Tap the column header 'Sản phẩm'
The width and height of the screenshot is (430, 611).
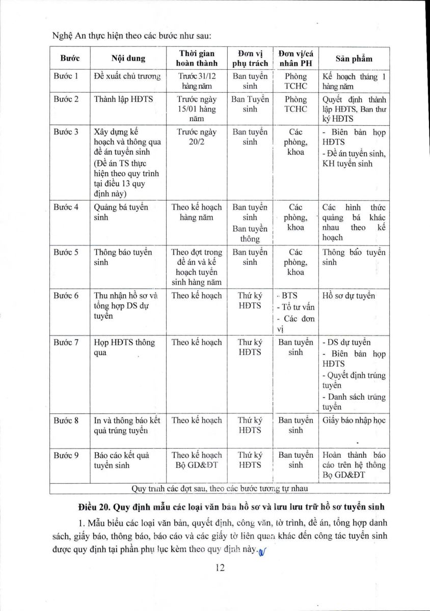(x=354, y=58)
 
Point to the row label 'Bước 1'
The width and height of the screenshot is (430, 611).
(x=66, y=76)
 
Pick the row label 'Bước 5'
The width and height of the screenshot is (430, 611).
(x=66, y=252)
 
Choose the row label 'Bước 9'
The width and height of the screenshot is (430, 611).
(x=66, y=455)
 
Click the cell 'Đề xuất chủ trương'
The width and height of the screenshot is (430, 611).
(x=127, y=76)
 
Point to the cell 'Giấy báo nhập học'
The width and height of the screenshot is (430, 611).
(x=354, y=421)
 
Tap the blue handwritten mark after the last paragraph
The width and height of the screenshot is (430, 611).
(x=263, y=549)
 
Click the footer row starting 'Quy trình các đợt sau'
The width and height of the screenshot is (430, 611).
(x=220, y=488)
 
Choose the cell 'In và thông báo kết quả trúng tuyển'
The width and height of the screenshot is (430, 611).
(x=127, y=425)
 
